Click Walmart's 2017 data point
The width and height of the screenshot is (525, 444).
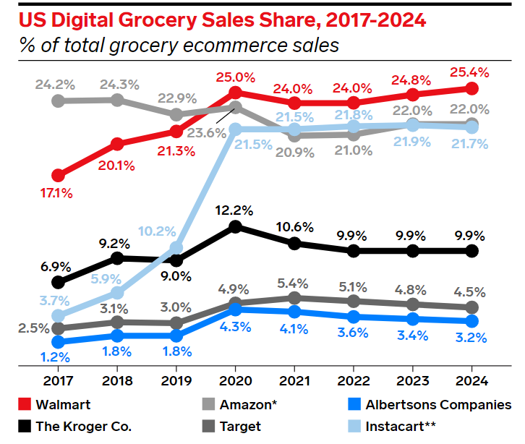tap(59, 176)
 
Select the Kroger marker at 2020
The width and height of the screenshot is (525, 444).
tap(235, 227)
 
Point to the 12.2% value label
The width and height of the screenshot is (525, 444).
tap(235, 210)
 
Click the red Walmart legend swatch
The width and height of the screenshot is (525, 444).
tap(26, 405)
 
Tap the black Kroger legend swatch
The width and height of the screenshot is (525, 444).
tap(26, 426)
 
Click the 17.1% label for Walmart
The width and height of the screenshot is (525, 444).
tap(57, 194)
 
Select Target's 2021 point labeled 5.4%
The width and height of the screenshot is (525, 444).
tap(294, 298)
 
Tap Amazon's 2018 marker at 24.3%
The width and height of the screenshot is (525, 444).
tap(117, 99)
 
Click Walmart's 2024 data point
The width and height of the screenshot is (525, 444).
tap(471, 88)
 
